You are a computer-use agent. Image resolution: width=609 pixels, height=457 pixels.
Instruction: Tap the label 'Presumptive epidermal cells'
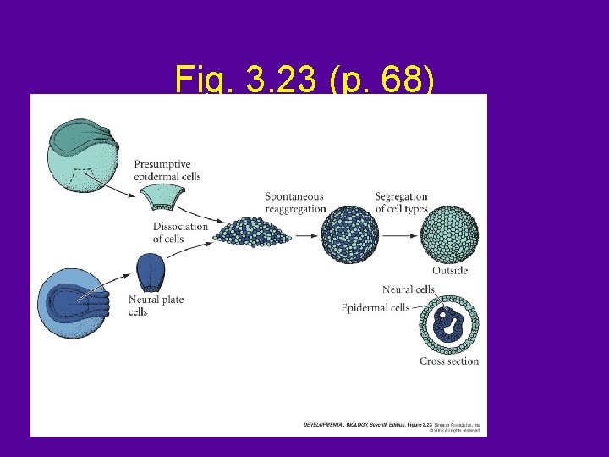(167, 169)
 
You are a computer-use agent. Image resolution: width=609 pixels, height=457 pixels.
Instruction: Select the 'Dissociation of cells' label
(180, 232)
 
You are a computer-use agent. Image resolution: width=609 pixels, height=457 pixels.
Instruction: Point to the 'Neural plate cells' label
(156, 306)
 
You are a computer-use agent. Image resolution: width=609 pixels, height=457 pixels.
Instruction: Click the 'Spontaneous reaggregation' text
(294, 202)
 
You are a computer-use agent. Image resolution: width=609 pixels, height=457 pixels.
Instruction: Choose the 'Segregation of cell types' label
(401, 202)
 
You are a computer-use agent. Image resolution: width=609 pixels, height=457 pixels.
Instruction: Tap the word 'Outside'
(449, 271)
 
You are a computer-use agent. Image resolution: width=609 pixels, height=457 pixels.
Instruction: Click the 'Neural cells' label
(408, 289)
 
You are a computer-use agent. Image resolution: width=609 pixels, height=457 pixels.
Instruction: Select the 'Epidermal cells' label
(376, 307)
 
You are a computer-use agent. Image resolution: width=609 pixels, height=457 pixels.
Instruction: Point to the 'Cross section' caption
(448, 361)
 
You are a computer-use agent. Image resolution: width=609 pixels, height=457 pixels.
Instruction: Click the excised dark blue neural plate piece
(150, 272)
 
